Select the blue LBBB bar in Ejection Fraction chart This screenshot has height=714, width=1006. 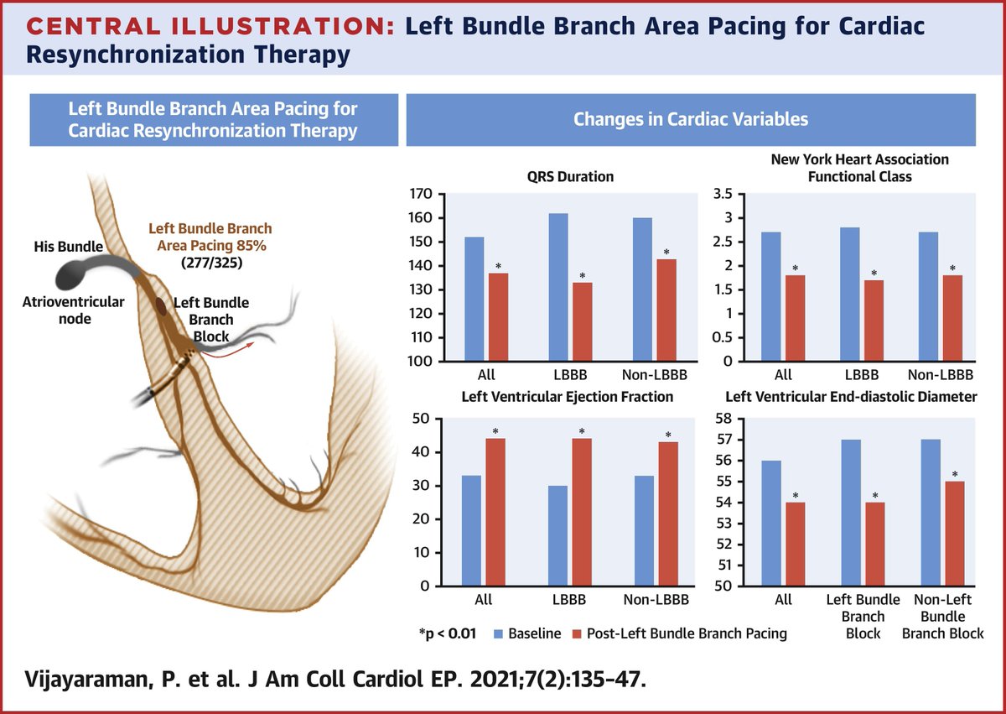pos(558,535)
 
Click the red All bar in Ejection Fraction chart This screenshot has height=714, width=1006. pos(495,512)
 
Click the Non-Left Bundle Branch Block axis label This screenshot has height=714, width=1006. pos(942,616)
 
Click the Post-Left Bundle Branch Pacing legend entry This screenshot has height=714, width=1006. pos(678,633)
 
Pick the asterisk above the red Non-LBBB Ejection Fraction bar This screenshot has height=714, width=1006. pos(668,435)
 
